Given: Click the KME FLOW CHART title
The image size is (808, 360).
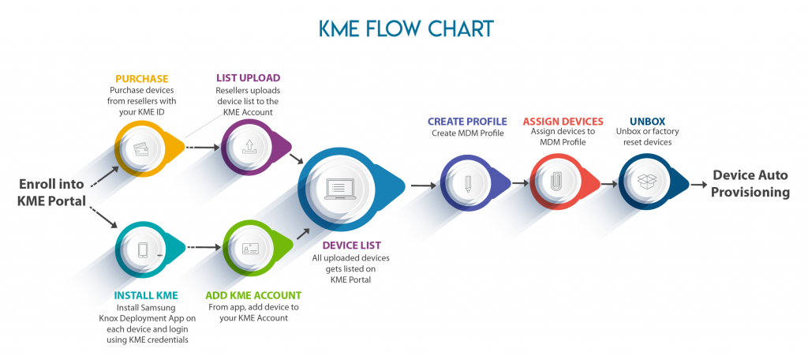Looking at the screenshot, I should tap(406, 28).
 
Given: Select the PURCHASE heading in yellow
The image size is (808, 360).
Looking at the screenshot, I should tap(143, 78).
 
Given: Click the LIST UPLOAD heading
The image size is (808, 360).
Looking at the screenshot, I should tap(248, 78).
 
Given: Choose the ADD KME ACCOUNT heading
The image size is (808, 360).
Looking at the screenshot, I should tap(252, 296).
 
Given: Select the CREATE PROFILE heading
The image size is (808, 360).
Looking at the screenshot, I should tap(467, 122).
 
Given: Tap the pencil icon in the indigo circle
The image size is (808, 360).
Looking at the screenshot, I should tap(467, 183).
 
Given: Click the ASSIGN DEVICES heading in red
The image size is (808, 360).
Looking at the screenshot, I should tap(563, 122).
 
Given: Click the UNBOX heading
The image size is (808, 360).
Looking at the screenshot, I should tap(646, 122).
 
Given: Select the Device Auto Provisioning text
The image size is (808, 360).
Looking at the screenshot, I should tap(751, 184).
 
